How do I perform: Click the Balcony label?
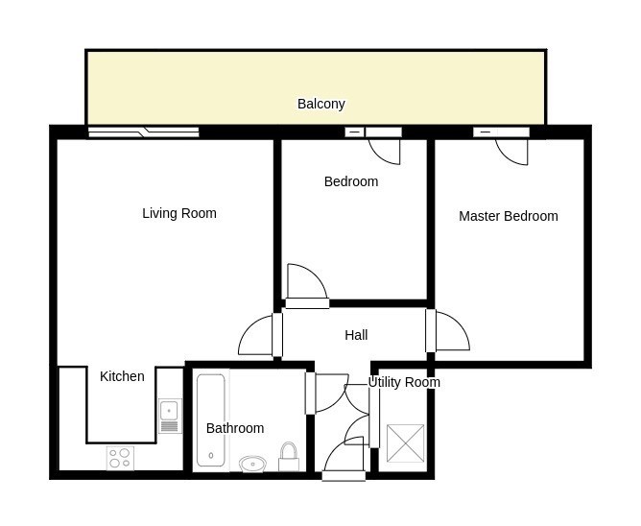(x=320, y=104)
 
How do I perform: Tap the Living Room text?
(x=179, y=213)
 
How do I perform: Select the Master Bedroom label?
(x=509, y=216)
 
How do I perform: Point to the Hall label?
(x=356, y=335)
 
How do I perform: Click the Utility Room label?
(x=404, y=382)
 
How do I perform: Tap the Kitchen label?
(x=122, y=376)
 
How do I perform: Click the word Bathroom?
(x=235, y=428)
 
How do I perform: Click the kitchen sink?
(x=169, y=416)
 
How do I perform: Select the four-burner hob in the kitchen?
(x=120, y=458)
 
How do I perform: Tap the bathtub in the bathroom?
(x=211, y=420)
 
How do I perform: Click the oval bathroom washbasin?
(x=252, y=464)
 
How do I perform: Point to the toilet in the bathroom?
(x=289, y=457)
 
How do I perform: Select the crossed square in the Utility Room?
(x=406, y=443)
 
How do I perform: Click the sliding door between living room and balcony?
(x=144, y=132)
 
